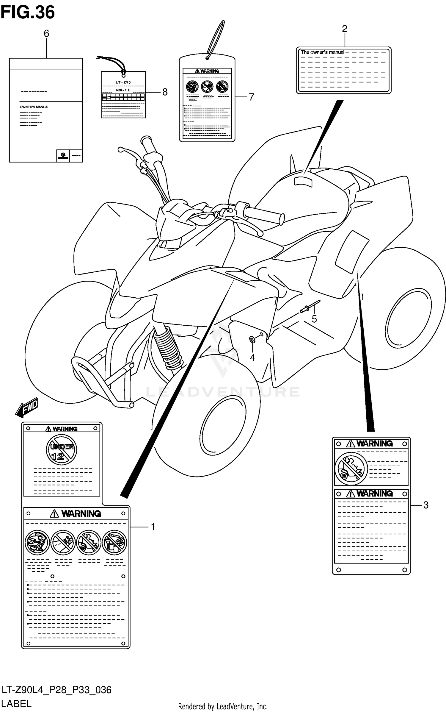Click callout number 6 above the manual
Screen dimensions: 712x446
tap(46, 34)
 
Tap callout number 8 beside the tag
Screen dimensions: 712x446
tap(165, 92)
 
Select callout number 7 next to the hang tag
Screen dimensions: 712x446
tap(251, 97)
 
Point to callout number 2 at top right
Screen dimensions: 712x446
tap(345, 29)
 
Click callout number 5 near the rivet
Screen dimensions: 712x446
tap(314, 319)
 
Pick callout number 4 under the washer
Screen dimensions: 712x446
tap(252, 357)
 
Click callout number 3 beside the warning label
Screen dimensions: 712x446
tap(426, 505)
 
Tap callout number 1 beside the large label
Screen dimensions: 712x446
tap(153, 527)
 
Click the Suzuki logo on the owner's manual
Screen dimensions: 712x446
tap(63, 156)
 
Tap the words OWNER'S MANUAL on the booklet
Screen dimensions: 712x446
tap(34, 107)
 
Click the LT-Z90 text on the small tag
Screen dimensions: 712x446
tap(123, 82)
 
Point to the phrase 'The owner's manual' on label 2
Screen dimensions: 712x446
tap(322, 52)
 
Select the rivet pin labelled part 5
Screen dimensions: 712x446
tap(309, 307)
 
